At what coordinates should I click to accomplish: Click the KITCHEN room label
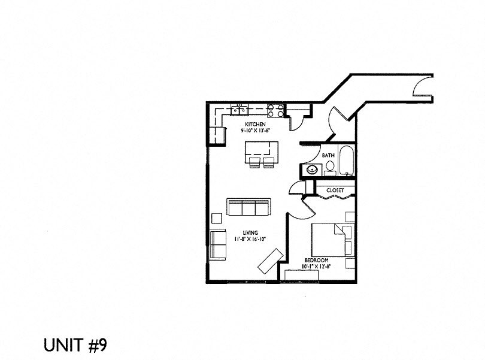pos(255,125)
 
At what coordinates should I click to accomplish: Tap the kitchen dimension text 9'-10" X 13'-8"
pos(256,131)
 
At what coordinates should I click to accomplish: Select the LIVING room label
pos(250,233)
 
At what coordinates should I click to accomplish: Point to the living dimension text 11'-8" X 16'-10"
pos(250,239)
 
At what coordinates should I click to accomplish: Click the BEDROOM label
pos(316,261)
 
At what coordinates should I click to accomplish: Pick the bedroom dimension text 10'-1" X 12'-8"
pos(316,267)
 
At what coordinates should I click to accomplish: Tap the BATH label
pos(328,155)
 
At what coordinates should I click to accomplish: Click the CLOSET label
pos(335,190)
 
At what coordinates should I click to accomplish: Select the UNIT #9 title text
pos(75,345)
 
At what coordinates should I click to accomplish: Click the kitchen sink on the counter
pos(239,110)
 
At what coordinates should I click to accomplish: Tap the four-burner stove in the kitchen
pos(275,111)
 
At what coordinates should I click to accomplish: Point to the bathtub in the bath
pos(346,161)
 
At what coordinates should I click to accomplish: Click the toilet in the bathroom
pos(330,168)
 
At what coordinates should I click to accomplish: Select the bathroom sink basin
pos(311,170)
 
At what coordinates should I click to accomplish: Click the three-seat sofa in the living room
pos(248,207)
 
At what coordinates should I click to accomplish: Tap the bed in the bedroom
pos(332,240)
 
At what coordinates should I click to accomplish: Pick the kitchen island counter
pos(262,149)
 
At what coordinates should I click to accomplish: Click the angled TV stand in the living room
pos(271,261)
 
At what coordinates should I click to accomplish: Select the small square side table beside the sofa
pos(217,218)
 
